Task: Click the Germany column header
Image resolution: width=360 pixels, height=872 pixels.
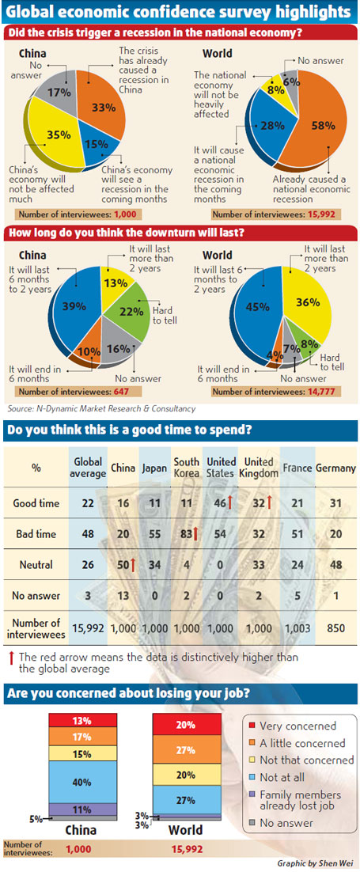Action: (x=335, y=468)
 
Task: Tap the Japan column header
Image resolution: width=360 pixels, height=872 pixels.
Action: (x=155, y=468)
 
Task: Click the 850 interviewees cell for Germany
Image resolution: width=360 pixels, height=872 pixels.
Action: (x=336, y=631)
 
